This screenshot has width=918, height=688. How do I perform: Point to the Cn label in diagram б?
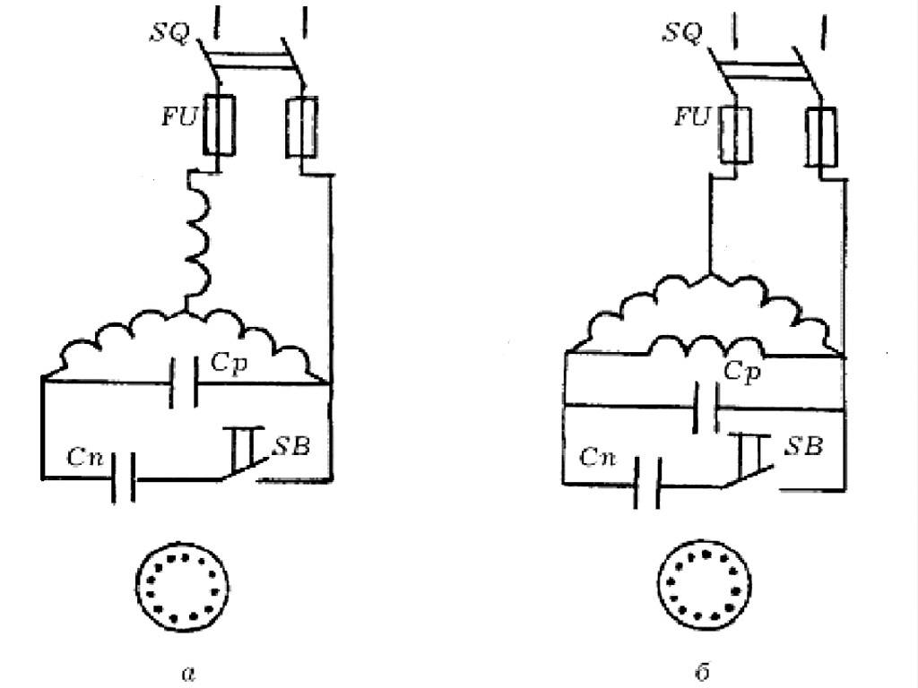[598, 458]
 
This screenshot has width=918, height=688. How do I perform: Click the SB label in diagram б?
[804, 445]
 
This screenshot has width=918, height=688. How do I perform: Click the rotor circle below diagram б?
[702, 588]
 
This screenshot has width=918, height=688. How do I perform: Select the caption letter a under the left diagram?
[186, 671]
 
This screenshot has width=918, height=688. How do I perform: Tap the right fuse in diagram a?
[299, 130]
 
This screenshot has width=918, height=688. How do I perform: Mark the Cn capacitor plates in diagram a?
[125, 477]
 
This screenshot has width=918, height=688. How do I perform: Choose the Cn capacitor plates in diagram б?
[647, 483]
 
